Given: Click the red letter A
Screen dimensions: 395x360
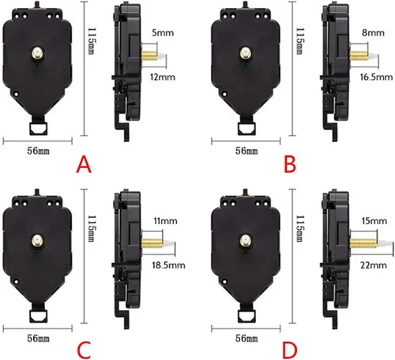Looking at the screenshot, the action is click(84, 164).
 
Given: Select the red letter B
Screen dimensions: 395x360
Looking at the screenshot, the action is click(290, 164).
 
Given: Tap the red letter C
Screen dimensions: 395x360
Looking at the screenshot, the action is click(84, 351).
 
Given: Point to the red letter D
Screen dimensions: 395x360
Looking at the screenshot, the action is click(290, 351).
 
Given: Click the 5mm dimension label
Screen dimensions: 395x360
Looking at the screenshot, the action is click(163, 33).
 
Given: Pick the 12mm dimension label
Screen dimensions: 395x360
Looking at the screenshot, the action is click(163, 77).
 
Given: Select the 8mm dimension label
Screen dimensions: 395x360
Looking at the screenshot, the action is click(373, 33).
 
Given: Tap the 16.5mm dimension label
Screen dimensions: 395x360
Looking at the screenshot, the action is click(376, 77).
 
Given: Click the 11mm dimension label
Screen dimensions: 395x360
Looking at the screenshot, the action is click(165, 221).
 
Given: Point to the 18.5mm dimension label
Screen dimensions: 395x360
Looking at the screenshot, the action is click(168, 265).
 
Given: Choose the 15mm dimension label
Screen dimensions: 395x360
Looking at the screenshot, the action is click(374, 221).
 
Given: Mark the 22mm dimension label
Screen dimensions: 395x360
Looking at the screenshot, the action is click(374, 265).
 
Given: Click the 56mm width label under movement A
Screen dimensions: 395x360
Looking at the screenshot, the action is click(38, 151).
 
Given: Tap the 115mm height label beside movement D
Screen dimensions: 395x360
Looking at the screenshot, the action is click(299, 229).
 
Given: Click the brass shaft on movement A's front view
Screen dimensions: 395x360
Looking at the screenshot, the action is click(37, 54).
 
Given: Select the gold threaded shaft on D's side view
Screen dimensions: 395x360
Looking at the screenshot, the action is click(363, 243).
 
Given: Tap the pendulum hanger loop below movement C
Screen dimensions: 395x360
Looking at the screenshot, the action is click(39, 316).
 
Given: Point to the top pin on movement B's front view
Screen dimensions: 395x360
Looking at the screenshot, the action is click(246, 5).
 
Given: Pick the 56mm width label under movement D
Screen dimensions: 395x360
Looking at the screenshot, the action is click(246, 339).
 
